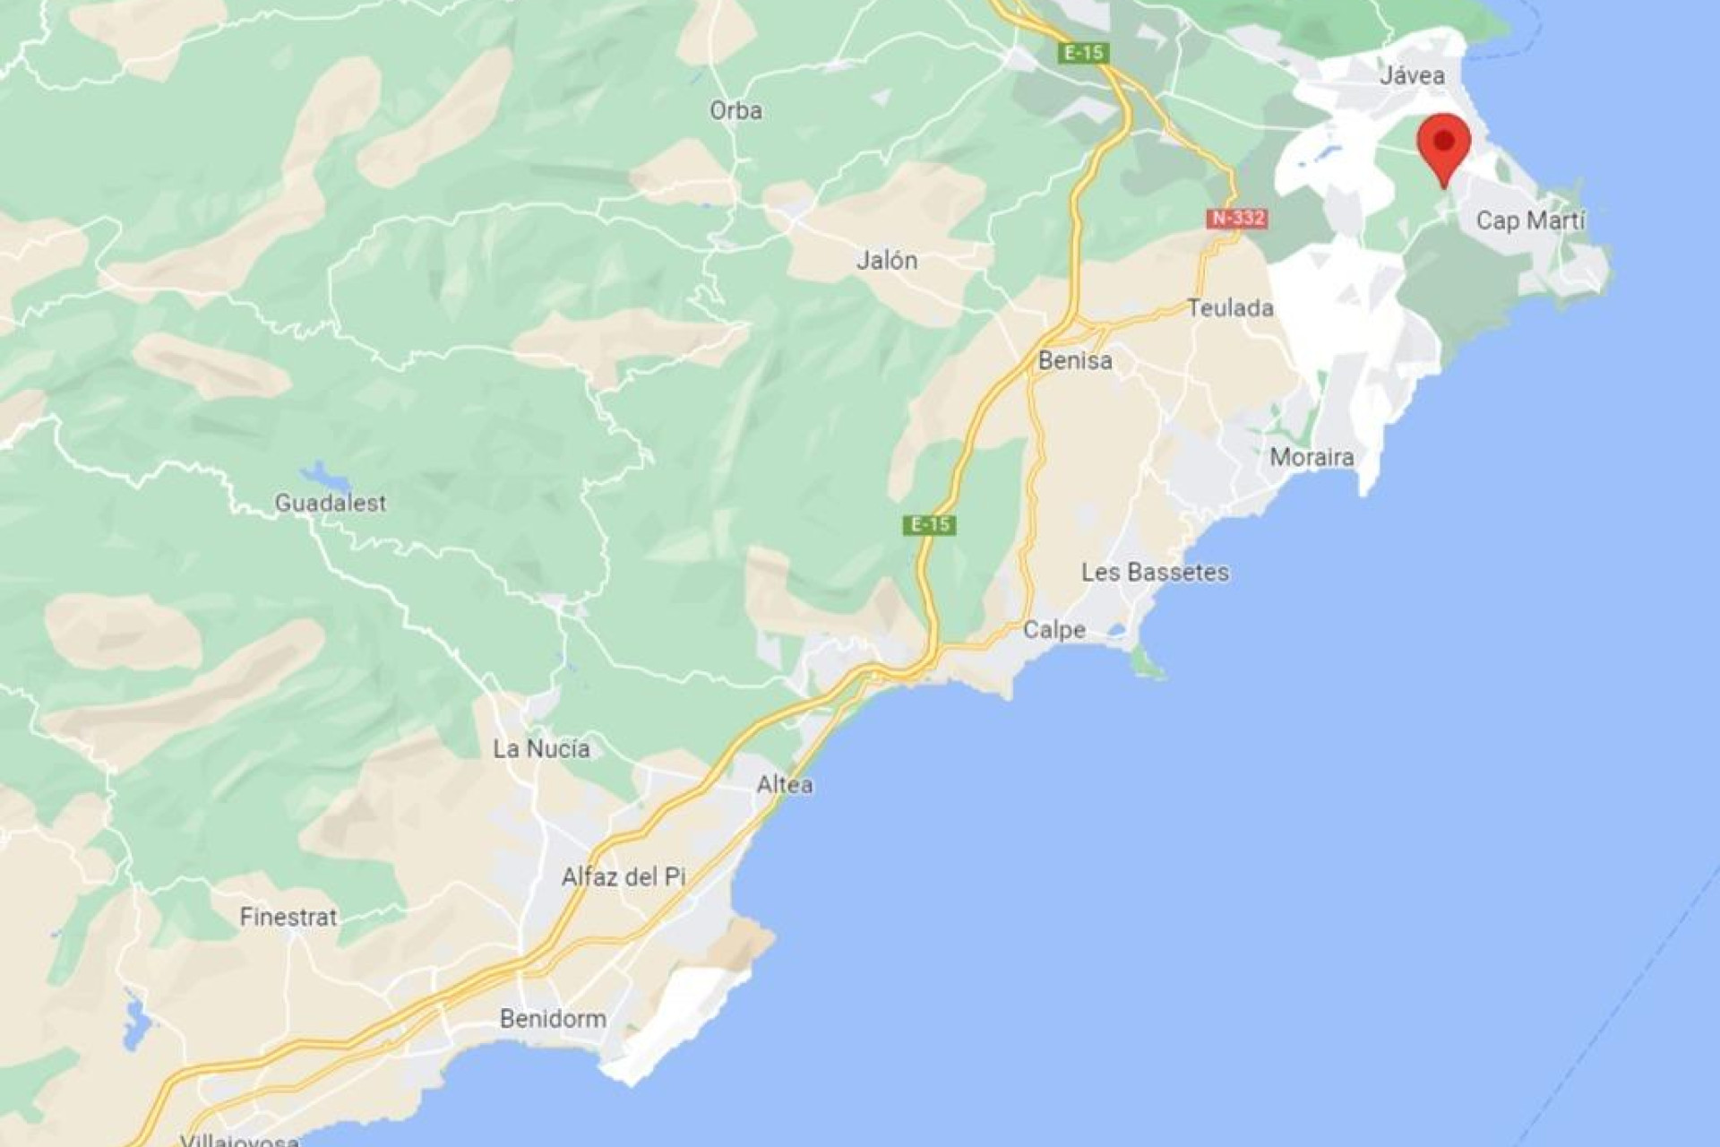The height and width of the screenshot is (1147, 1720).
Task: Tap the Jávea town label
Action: (1412, 75)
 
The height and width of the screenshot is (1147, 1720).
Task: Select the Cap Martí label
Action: (1530, 220)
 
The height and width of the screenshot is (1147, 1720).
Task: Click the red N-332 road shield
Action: (1237, 218)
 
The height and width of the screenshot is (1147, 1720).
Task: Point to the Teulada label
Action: (1230, 308)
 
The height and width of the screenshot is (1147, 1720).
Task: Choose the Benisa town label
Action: (1075, 360)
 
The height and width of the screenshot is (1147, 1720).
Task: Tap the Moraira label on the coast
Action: (1311, 457)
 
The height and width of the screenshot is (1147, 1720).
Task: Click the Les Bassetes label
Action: (1155, 572)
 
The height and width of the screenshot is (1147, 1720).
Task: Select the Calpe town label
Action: (1053, 630)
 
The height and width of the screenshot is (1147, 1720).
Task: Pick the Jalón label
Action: (887, 261)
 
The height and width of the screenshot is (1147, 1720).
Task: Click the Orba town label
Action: (735, 111)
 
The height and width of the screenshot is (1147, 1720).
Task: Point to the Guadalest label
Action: (331, 503)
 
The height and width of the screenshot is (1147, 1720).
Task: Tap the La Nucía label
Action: (541, 749)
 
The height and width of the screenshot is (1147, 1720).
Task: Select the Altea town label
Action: (785, 785)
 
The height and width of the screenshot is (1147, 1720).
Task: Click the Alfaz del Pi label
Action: (623, 876)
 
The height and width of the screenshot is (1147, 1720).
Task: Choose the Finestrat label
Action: (288, 917)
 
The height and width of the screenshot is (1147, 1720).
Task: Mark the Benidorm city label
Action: (553, 1019)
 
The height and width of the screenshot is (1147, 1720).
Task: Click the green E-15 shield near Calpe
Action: (929, 524)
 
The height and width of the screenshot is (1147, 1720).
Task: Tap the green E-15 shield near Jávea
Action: (1084, 53)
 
